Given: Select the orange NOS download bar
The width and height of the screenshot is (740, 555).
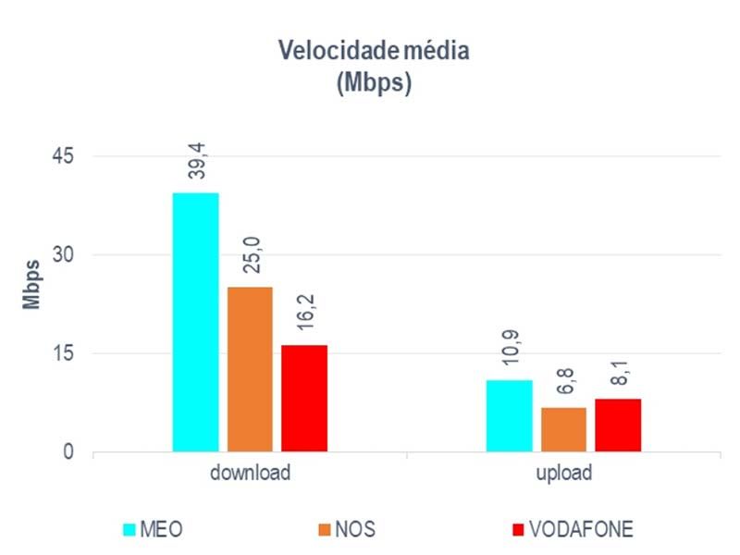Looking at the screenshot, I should (250, 369).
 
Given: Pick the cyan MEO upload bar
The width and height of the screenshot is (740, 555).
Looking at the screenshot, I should (510, 415).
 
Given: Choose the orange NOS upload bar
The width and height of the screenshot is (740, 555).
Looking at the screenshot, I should (563, 429).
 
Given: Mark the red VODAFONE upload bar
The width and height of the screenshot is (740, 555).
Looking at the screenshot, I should (618, 425).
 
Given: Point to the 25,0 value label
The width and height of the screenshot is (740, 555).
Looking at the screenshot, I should (251, 259).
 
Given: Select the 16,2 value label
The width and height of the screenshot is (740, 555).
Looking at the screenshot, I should (305, 317).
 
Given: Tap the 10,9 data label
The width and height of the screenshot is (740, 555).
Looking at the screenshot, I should (511, 352).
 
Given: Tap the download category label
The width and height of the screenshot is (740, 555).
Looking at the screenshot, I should (250, 474).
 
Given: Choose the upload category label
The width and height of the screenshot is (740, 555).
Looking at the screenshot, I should (563, 474).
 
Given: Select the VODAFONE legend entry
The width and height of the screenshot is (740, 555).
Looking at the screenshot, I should (571, 530).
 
